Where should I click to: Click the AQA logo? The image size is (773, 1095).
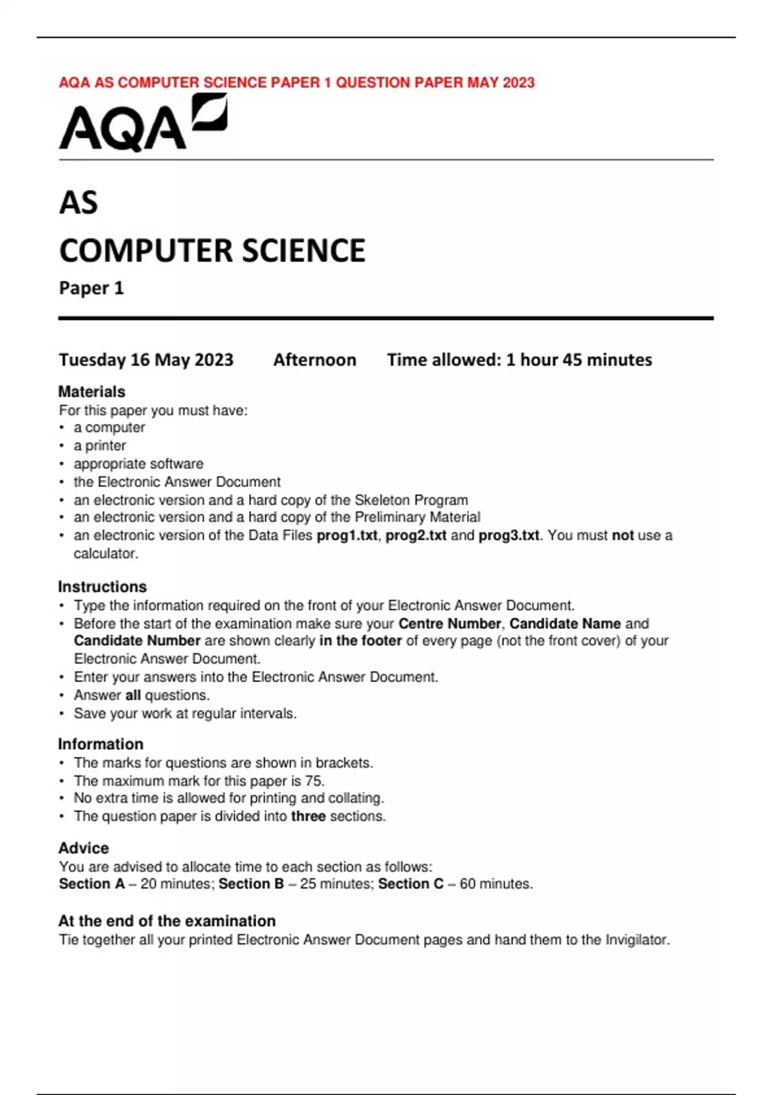[x=142, y=124]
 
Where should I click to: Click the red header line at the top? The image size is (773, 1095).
[x=296, y=82]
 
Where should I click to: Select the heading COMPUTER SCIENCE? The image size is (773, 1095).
[x=212, y=251]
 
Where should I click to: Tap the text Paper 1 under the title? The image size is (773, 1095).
[x=91, y=288]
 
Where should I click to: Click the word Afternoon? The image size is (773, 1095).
[x=314, y=359]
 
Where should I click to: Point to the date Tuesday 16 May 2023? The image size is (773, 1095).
[x=146, y=359]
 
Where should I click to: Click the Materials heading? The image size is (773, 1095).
[x=91, y=392]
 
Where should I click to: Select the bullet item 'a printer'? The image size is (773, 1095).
[x=99, y=446]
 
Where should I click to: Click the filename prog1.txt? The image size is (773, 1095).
[x=347, y=535]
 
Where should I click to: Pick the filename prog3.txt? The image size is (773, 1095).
[x=508, y=535]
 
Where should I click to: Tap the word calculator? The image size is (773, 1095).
[x=105, y=553]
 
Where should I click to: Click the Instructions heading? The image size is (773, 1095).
[x=102, y=587]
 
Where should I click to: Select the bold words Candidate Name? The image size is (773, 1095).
[x=565, y=624]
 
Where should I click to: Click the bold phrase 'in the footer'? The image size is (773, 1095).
[x=360, y=641]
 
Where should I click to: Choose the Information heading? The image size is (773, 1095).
[x=100, y=744]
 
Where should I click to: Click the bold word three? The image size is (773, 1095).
[x=308, y=816]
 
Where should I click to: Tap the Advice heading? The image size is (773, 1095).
[x=84, y=848]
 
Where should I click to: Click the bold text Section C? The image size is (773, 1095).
[x=410, y=884]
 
